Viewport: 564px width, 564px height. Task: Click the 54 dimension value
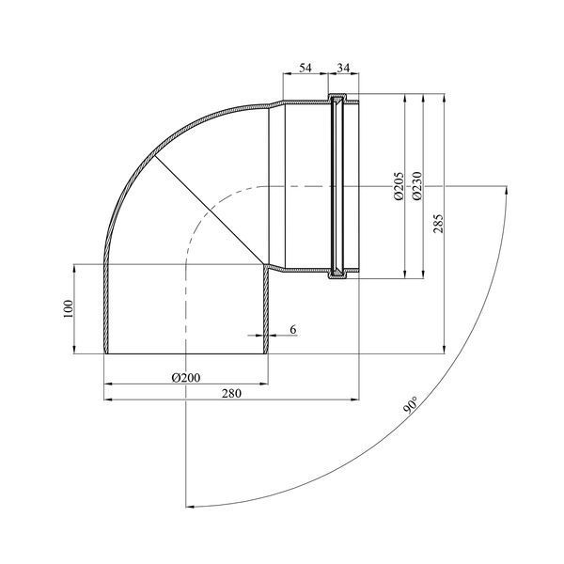coord(305,68)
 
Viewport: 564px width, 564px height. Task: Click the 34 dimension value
coord(343,68)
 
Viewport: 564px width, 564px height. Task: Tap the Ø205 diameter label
coord(399,186)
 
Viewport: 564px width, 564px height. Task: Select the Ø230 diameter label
coord(416,186)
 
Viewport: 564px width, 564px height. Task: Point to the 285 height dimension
coord(438,224)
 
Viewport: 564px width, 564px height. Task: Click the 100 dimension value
coord(68,308)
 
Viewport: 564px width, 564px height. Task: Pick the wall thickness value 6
coord(293,330)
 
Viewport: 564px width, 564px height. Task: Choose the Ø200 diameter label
coord(186,378)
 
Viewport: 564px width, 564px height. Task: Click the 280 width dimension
coord(231,394)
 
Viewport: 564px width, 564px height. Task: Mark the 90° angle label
coord(411,406)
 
